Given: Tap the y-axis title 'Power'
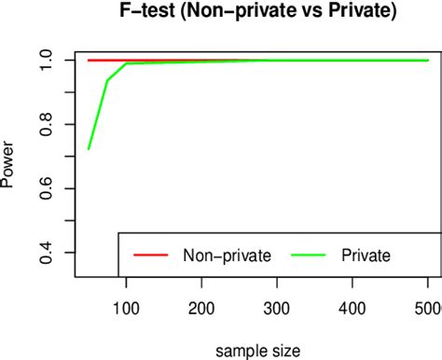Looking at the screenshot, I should pos(8,170).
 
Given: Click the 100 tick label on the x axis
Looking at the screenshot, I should pos(125,309).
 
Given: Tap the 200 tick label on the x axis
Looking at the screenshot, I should pos(201,309).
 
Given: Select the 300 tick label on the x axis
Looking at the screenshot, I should pos(277,309).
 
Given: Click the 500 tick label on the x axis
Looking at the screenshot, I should pos(428,309).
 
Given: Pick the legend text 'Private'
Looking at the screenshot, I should pos(366,254).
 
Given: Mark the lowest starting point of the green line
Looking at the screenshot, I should pos(88,149).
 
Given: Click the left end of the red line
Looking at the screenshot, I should pos(88,60).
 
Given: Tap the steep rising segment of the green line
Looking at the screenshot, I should pos(97,116).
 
